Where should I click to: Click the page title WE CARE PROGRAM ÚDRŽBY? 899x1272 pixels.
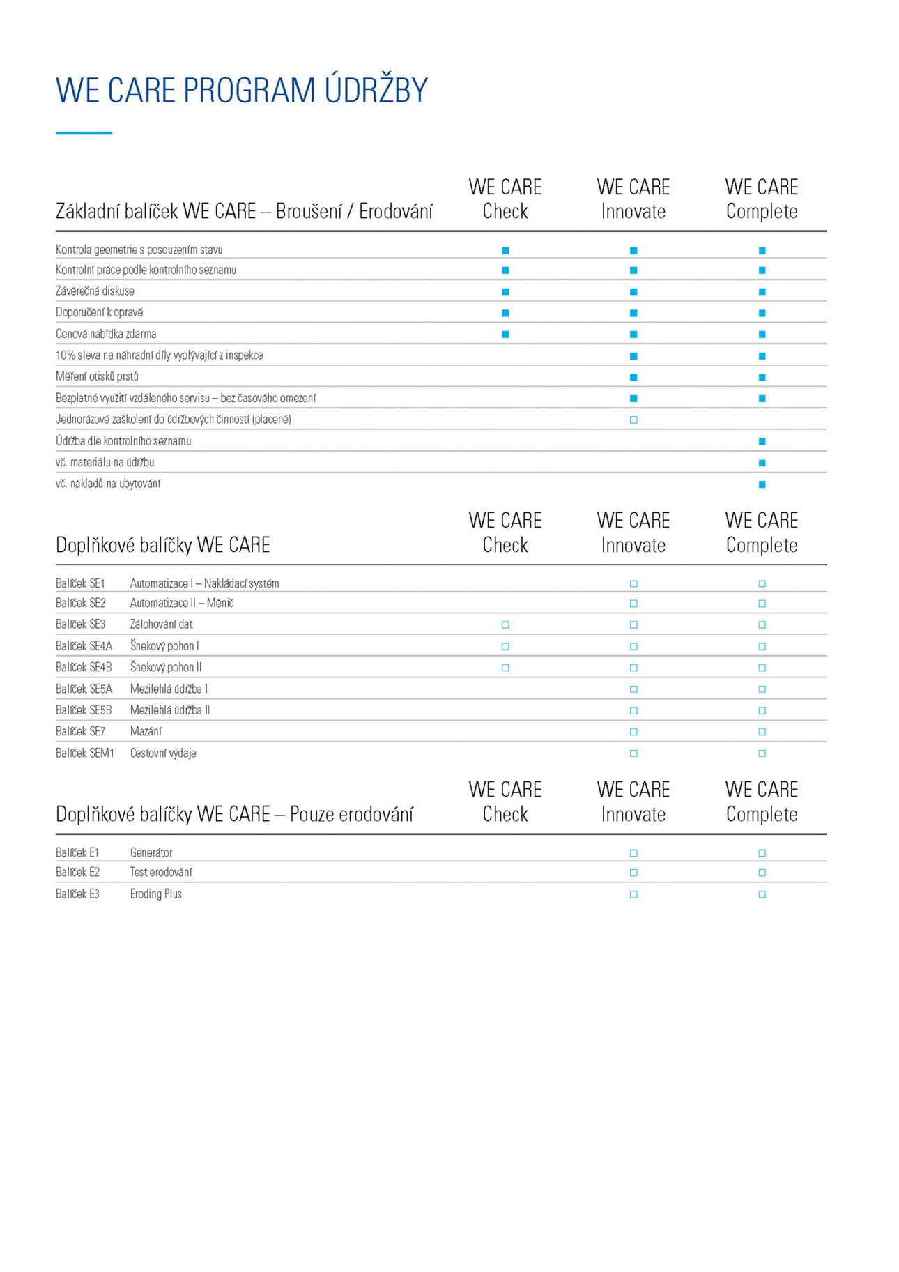241,91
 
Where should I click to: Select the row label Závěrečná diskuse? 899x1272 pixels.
95,291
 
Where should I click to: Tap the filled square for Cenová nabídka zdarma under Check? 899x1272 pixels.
505,335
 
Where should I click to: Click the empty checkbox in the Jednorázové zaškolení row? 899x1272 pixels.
633,420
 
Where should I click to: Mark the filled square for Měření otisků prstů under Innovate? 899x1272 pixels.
633,377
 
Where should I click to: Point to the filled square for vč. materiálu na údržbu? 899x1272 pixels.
762,463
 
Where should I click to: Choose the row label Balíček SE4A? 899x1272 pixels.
84,646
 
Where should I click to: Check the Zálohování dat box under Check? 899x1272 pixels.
505,624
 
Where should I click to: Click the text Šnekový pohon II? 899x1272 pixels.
166,667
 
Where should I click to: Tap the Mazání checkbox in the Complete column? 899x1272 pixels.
762,732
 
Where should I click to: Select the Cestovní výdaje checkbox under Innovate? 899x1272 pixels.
633,753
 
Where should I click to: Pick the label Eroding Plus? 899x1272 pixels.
155,894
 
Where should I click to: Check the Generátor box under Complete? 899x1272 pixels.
762,853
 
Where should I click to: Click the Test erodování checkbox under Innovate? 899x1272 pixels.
633,873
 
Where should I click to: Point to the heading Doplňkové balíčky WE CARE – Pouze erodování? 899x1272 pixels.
234,814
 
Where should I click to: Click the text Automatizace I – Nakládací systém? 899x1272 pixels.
204,583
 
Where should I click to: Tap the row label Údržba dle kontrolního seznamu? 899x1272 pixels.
123,441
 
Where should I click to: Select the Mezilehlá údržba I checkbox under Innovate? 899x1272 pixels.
633,689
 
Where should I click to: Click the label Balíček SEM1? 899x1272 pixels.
84,753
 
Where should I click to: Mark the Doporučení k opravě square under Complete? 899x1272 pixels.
762,313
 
